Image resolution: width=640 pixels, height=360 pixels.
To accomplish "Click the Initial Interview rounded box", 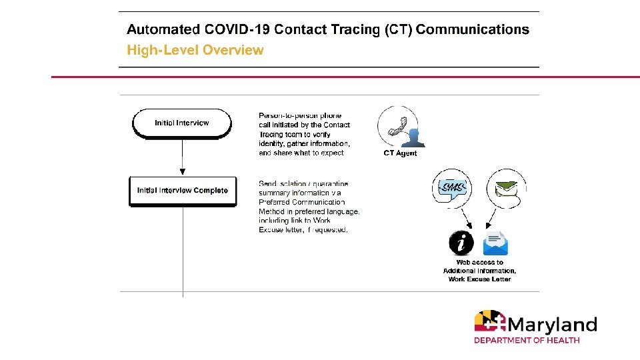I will point(182,123).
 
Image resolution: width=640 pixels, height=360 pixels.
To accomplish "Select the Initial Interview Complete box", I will point(182,191).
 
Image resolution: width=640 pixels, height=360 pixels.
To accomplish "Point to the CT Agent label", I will point(400,153).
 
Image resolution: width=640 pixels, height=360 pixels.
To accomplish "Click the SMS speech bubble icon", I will point(453,187).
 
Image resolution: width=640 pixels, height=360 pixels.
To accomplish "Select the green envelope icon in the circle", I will point(505,189).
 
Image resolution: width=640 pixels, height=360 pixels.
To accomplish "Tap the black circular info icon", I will point(462,243).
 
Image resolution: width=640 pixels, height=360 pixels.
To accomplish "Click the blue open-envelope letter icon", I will point(495,243).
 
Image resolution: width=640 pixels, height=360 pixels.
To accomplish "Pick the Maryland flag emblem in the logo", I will point(490,323).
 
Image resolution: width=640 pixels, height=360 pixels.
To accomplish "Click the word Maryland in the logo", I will point(552,325).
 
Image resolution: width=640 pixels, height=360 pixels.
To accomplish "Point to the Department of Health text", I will point(527,340).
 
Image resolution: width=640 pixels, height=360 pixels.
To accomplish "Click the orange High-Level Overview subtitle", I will point(195,50).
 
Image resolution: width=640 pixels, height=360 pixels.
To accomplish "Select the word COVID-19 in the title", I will point(233,29).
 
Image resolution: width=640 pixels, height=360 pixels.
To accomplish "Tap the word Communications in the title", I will point(473,29).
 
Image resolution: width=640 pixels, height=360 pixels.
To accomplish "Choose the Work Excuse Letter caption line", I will point(479,279).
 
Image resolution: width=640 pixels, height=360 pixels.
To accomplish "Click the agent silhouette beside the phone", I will point(413,137).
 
